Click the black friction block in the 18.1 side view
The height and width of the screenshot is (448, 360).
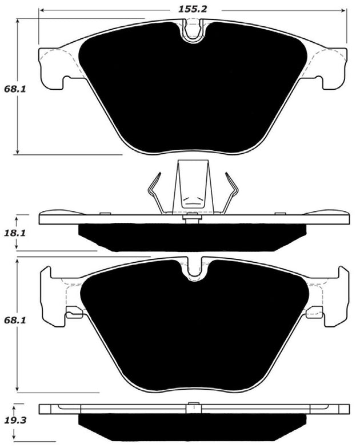(x=193, y=237)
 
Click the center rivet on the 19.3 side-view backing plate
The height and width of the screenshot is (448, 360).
(x=193, y=408)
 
